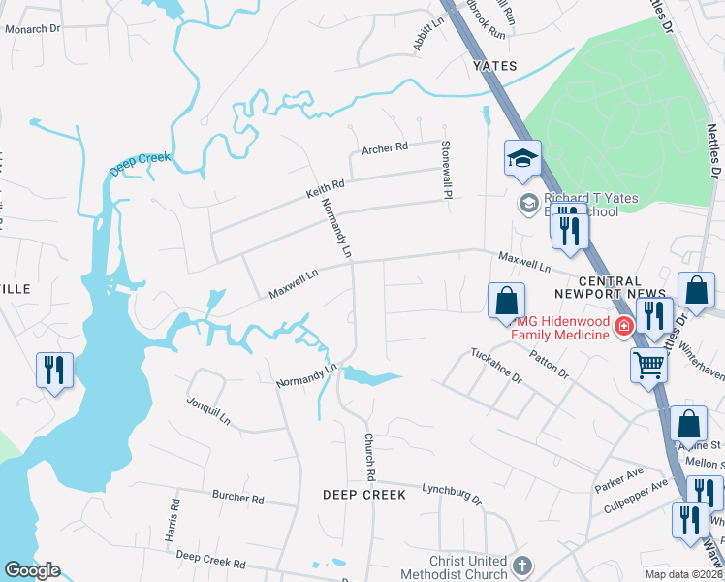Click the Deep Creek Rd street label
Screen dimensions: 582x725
pyautogui.click(x=210, y=559)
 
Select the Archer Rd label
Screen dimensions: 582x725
pyautogui.click(x=386, y=148)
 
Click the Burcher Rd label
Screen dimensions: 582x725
pyautogui.click(x=237, y=497)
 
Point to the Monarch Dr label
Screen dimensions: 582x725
pyautogui.click(x=33, y=29)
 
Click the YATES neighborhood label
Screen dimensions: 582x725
pyautogui.click(x=494, y=66)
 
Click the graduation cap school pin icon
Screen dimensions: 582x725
pyautogui.click(x=522, y=157)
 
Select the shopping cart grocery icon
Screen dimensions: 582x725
pyautogui.click(x=648, y=366)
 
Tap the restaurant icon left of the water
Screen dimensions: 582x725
pyautogui.click(x=53, y=370)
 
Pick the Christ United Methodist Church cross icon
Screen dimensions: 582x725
pyautogui.click(x=521, y=566)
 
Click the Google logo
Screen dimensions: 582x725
pyautogui.click(x=32, y=570)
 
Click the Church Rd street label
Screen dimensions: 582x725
pyautogui.click(x=369, y=456)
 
